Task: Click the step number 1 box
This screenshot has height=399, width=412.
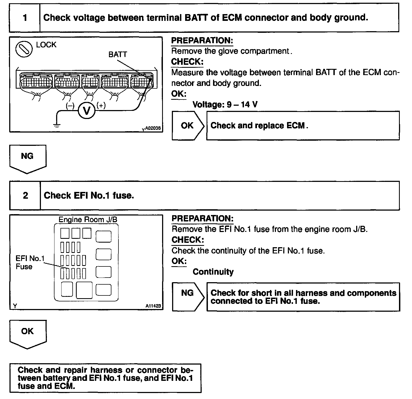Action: click(25, 18)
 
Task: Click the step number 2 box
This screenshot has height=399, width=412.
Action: click(25, 195)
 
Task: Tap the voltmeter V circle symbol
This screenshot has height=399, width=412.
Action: click(87, 111)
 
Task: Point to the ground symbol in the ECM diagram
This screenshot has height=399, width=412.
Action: click(57, 125)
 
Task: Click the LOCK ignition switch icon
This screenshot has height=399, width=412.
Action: click(24, 49)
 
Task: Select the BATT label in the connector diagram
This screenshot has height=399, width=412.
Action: click(117, 54)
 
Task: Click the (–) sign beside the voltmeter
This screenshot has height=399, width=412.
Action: click(70, 106)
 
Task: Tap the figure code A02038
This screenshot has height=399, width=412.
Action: click(153, 128)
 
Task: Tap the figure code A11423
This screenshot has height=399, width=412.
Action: click(153, 306)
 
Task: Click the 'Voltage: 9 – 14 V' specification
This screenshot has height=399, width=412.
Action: click(225, 104)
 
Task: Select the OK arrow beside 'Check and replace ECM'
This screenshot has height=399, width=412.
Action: click(188, 126)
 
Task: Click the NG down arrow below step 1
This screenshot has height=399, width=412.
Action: click(28, 159)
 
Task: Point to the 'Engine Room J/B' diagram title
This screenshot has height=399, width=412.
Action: click(88, 219)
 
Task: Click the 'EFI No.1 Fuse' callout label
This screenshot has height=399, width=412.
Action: click(30, 262)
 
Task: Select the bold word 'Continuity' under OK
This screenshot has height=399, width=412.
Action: click(213, 272)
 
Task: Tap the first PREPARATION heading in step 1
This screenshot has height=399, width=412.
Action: click(202, 41)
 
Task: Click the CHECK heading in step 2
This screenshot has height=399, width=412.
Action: click(188, 240)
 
